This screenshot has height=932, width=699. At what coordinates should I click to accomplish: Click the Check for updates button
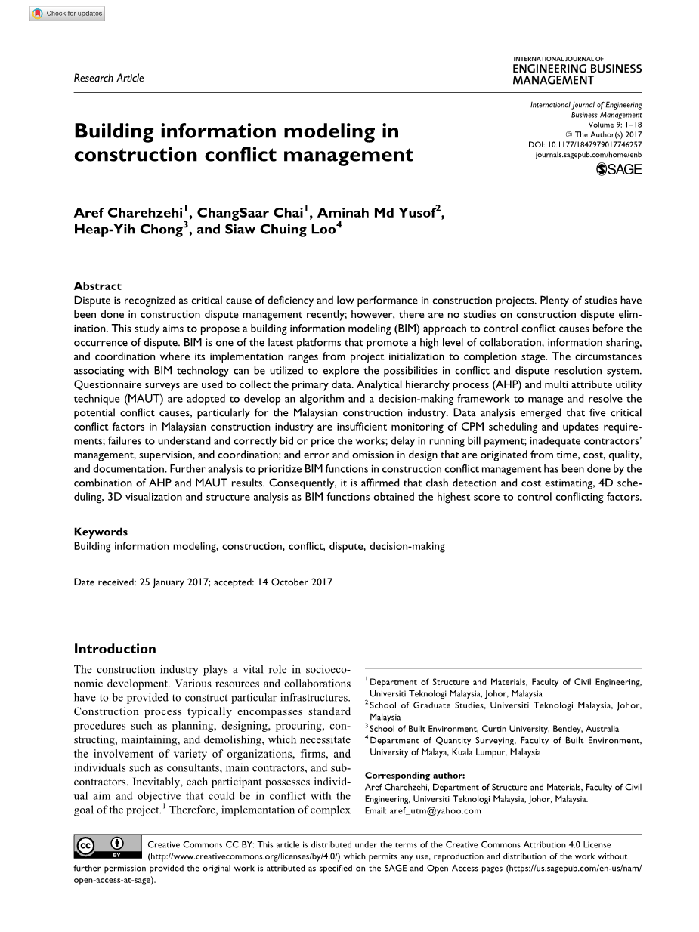point(68,14)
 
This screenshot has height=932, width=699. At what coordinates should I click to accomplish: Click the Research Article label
point(109,78)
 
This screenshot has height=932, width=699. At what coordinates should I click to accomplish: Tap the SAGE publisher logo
point(619,170)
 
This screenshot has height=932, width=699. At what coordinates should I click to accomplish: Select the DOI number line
point(584,144)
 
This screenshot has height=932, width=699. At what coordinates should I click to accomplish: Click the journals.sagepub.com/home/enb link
point(588,153)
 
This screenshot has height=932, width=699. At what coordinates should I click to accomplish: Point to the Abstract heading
point(97,286)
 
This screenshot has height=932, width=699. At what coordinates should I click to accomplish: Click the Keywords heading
point(101,532)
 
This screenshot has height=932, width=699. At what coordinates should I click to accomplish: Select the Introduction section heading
point(115,649)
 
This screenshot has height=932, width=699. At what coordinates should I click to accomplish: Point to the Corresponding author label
point(415,775)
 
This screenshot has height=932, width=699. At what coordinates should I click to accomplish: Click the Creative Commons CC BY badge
point(108,847)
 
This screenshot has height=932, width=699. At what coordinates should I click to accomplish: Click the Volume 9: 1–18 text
point(614,124)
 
